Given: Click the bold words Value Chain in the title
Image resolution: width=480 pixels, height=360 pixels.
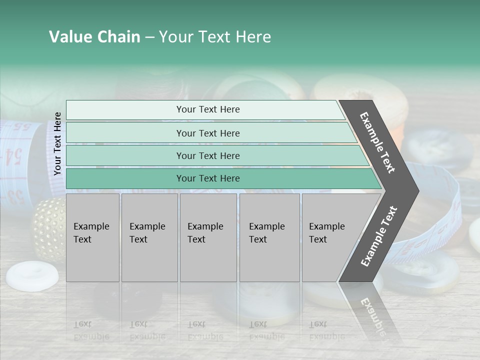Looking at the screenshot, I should (94, 37).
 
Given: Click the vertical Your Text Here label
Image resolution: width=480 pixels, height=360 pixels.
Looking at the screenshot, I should (57, 144).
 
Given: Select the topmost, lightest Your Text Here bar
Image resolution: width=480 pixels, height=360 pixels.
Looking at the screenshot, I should (207, 109).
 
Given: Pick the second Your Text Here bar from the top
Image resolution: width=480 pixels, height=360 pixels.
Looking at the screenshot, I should (207, 133).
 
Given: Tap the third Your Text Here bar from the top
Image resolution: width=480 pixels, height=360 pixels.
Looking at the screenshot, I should (207, 155).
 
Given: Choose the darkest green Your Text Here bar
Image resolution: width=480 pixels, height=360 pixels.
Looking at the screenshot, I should (207, 178).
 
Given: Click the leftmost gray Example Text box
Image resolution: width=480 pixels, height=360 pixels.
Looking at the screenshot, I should (92, 237).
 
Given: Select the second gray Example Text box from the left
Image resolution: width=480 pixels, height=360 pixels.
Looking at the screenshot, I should (149, 237).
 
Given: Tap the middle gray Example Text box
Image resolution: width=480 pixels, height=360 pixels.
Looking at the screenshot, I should (208, 237).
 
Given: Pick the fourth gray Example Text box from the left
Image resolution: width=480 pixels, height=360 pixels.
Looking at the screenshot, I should (269, 237).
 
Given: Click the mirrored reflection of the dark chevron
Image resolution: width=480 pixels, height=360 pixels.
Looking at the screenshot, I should (370, 310).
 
